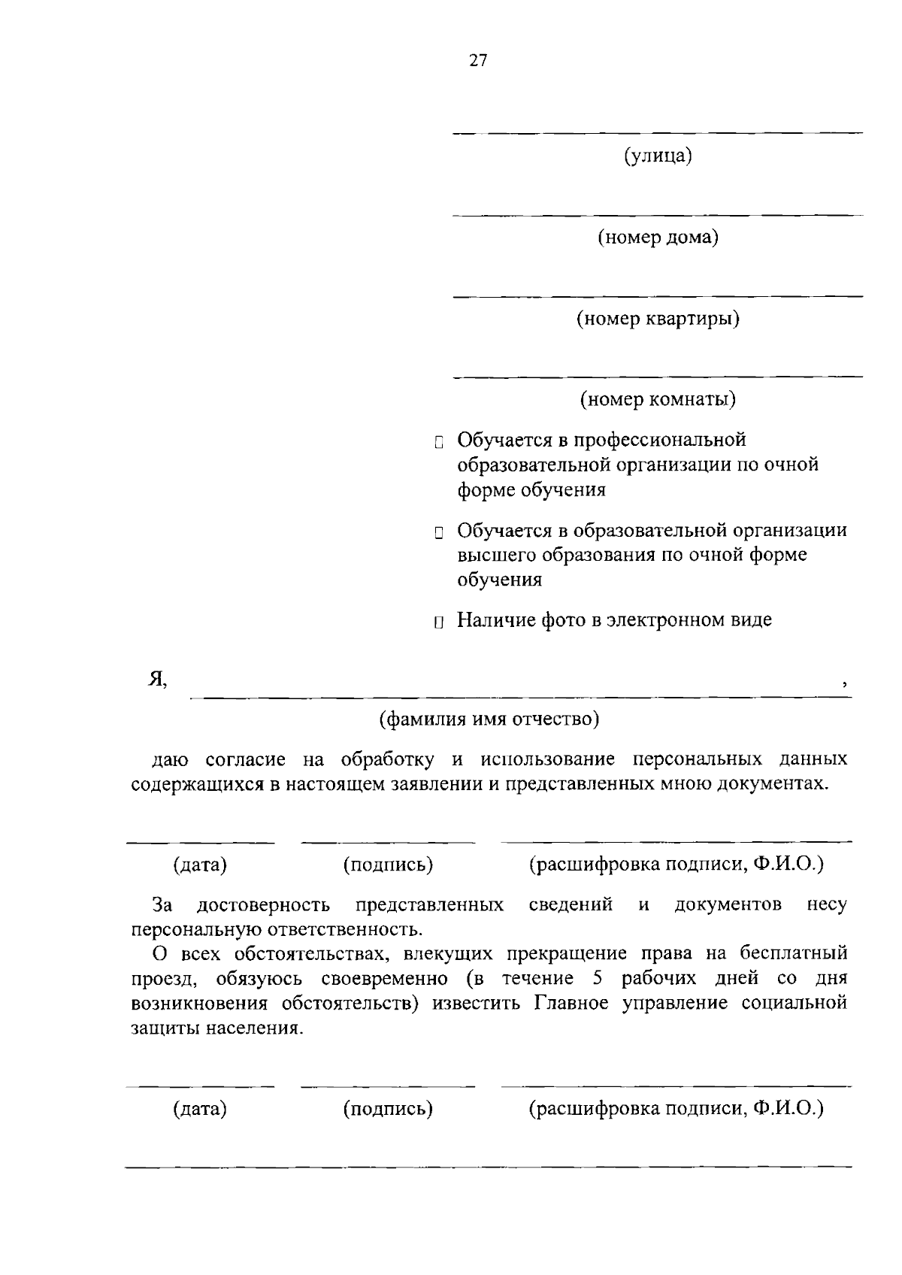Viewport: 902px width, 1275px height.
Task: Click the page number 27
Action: click(x=478, y=62)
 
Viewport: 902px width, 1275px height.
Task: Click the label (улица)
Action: click(x=658, y=156)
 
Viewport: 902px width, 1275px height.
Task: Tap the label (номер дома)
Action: click(x=658, y=238)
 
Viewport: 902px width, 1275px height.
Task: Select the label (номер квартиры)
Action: click(x=658, y=319)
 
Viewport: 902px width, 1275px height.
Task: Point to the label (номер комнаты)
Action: click(x=658, y=398)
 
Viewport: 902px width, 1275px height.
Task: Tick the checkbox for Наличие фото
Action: click(x=439, y=622)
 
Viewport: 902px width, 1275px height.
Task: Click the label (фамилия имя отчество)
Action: click(x=489, y=719)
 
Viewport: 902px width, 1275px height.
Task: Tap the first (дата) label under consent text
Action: click(x=200, y=865)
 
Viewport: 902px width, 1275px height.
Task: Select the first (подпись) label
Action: click(x=388, y=865)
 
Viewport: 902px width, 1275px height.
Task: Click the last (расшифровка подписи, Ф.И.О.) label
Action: click(x=676, y=1108)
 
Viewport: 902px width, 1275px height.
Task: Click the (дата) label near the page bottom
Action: click(x=200, y=1108)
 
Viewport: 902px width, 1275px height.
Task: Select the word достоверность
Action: click(x=263, y=904)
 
